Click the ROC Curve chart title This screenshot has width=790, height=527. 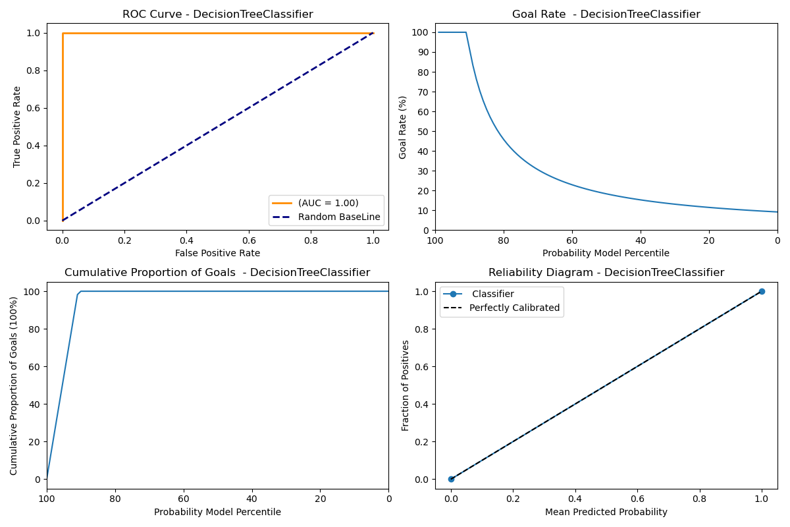217,14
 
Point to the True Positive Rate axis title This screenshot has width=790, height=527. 17,126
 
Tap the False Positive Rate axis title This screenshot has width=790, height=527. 217,253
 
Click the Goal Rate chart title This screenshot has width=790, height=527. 606,14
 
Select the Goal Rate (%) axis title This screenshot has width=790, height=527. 403,127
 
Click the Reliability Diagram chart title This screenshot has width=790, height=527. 606,273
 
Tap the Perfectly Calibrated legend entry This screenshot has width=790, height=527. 514,308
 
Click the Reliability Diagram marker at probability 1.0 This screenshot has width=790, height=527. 762,291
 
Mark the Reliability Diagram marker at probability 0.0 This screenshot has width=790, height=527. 451,479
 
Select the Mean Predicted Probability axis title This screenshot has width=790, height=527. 606,512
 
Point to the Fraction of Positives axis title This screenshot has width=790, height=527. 406,385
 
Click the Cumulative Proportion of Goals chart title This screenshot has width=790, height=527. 217,273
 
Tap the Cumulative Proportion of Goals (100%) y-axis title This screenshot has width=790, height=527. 14,385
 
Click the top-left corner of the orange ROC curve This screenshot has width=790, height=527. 63,33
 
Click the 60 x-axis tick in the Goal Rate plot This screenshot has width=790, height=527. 571,240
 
